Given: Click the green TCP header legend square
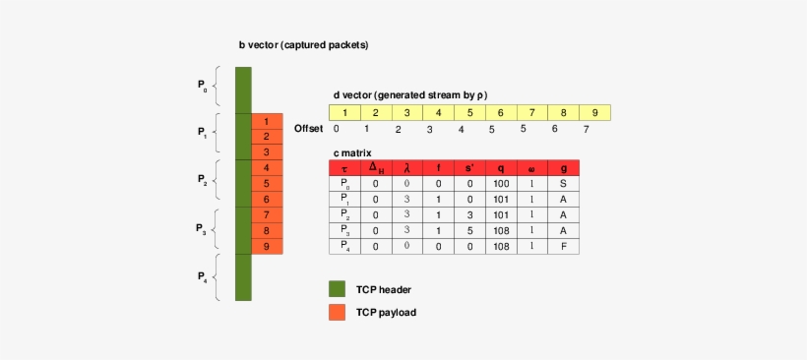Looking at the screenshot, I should point(337,289).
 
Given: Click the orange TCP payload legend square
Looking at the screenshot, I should point(337,312).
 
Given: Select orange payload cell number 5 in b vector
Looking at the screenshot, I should point(267,184).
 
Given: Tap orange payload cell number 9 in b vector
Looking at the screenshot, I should point(267,247).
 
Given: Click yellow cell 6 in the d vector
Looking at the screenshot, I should point(501,113).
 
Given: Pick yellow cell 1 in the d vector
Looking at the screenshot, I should point(344,113).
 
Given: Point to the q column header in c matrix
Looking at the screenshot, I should point(501,168).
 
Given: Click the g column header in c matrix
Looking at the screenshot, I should point(563,168).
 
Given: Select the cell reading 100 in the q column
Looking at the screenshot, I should point(501,184).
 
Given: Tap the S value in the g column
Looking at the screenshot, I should point(563,184).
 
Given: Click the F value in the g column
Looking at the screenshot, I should point(563,247).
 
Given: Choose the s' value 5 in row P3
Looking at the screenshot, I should point(469,231).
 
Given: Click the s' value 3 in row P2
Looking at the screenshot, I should point(469,215).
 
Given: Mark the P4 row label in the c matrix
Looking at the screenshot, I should point(344,247).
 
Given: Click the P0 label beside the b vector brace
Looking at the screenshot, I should point(203,87).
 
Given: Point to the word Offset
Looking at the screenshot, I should point(309,129).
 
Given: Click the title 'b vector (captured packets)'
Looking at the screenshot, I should point(303,45).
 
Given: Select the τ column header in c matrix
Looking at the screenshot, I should point(344,168).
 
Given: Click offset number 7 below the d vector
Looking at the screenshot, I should point(586,129).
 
